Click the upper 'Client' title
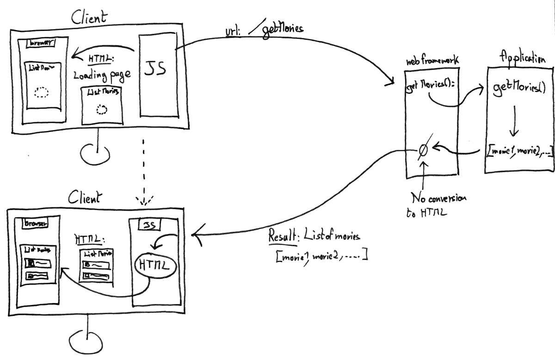click(89, 17)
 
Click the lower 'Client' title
click(84, 198)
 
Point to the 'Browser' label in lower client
click(36, 223)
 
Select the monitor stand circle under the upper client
click(94, 154)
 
